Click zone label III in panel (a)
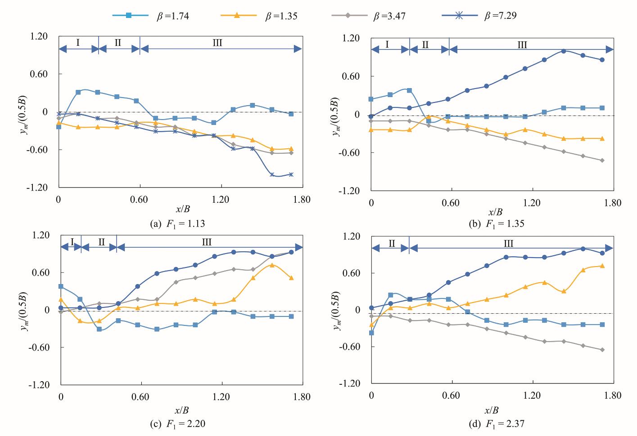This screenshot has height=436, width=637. [217, 43]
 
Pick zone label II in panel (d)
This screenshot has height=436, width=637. [391, 244]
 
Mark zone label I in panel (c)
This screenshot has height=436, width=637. [72, 243]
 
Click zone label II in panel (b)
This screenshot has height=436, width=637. [425, 44]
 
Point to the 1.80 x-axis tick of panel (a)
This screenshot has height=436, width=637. [301, 199]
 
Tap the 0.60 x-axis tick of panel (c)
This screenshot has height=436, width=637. [140, 396]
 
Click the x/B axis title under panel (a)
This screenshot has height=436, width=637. [181, 210]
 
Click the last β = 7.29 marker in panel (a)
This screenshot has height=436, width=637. [291, 174]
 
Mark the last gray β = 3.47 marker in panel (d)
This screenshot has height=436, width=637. [602, 350]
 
